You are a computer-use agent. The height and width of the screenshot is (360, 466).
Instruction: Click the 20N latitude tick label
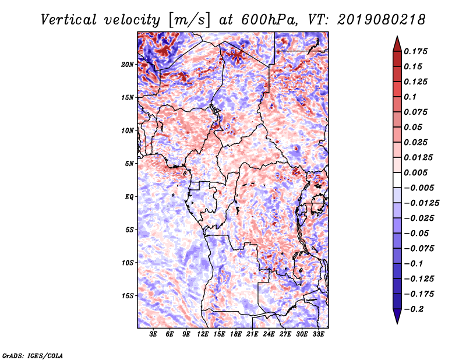pyautogui.click(x=128, y=64)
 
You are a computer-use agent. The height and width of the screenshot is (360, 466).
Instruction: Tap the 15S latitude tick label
pyautogui.click(x=128, y=295)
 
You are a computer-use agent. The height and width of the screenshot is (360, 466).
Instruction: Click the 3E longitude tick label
pyautogui.click(x=154, y=335)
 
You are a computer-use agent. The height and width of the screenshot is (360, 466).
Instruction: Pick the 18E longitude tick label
pyautogui.click(x=235, y=335)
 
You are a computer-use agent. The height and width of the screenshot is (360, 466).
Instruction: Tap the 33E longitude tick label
pyautogui.click(x=317, y=335)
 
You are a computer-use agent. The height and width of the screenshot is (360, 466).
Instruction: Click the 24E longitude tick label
pyautogui.click(x=268, y=335)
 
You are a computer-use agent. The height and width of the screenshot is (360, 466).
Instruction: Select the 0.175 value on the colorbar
pyautogui.click(x=417, y=51)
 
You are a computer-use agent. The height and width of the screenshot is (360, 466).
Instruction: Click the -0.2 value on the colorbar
pyautogui.click(x=415, y=308)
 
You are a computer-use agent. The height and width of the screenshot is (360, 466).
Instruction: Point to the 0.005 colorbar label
pyautogui.click(x=417, y=172)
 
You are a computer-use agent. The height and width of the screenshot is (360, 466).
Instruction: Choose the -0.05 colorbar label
pyautogui.click(x=417, y=233)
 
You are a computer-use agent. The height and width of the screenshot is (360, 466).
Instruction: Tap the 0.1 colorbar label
pyautogui.click(x=411, y=97)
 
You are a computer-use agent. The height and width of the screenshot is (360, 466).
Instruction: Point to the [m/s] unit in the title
pyautogui.click(x=185, y=20)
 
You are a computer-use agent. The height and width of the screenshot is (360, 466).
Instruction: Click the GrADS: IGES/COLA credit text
pyautogui.click(x=32, y=355)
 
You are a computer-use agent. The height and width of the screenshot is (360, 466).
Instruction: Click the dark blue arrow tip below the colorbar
pyautogui.click(x=397, y=318)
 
